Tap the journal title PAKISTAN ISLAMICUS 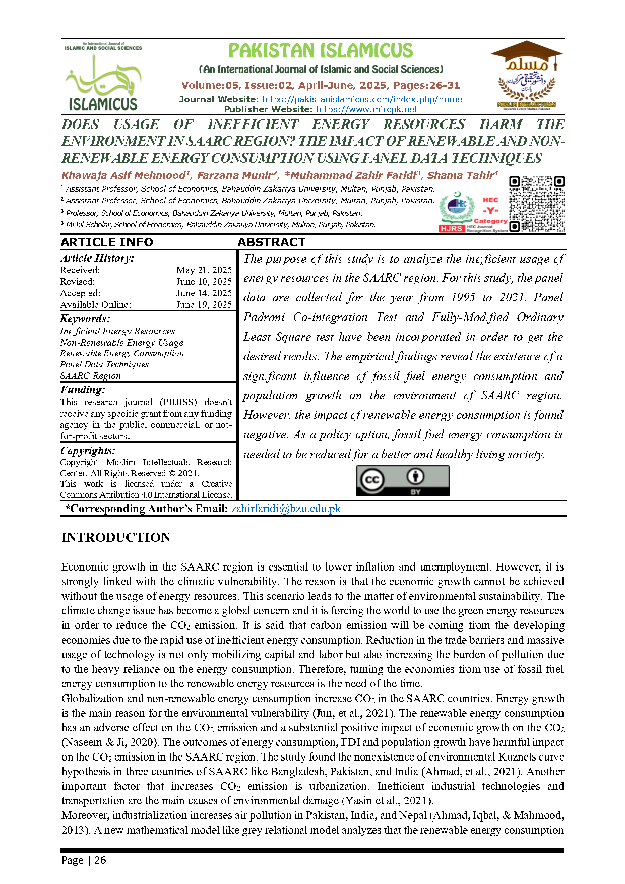(321, 51)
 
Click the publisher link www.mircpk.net (367, 109)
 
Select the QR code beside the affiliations (537, 204)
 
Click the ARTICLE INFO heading (106, 242)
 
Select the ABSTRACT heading (271, 242)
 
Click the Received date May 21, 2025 (204, 270)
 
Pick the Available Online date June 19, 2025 (204, 305)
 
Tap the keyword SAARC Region (91, 376)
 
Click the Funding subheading (83, 390)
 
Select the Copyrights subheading (88, 451)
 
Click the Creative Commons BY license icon (402, 481)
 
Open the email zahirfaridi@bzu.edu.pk (286, 509)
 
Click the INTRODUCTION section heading (116, 537)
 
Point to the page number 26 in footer (100, 860)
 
